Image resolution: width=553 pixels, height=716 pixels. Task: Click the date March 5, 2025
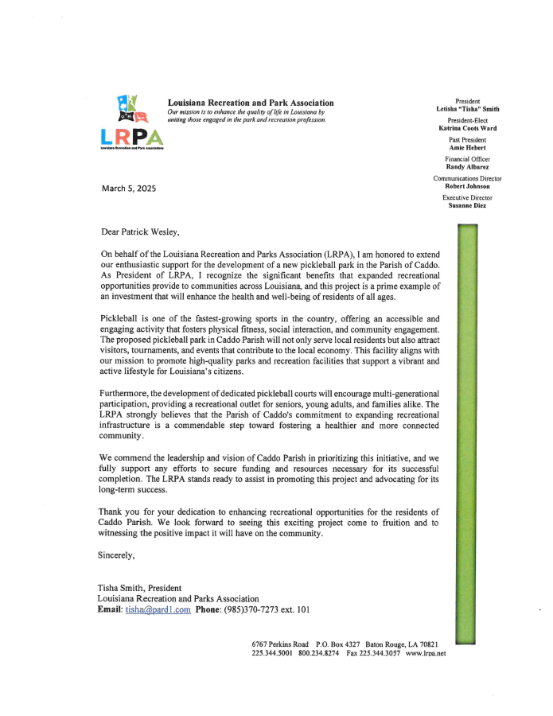[x=129, y=189]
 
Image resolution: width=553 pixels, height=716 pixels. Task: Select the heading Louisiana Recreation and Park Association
[x=251, y=103]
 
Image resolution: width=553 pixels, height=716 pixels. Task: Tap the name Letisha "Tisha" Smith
[x=468, y=108]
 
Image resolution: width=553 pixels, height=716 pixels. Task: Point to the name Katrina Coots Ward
[x=468, y=127]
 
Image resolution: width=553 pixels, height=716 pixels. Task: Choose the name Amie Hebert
[x=468, y=147]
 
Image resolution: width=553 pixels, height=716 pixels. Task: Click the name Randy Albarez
[x=468, y=166]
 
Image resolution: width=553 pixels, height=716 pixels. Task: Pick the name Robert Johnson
[x=468, y=186]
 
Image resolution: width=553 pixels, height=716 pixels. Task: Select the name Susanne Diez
[x=468, y=205]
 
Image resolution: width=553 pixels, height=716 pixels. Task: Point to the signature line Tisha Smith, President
[x=139, y=588]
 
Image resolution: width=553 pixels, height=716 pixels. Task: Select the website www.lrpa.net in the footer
[x=426, y=653]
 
